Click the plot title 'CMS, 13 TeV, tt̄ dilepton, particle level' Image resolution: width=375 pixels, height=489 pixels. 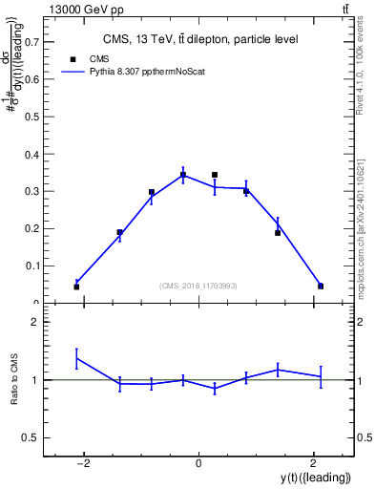tap(200, 39)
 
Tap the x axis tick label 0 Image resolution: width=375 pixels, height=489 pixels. tap(198, 463)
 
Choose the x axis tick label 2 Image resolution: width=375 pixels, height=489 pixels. tap(313, 463)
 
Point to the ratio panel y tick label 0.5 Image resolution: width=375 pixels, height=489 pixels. tap(31, 437)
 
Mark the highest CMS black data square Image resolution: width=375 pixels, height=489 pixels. tap(215, 175)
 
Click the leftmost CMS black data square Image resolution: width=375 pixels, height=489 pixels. tap(76, 287)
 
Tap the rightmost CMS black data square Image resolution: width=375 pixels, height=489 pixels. tap(321, 286)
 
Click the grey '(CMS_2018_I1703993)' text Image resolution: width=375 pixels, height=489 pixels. tap(199, 286)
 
